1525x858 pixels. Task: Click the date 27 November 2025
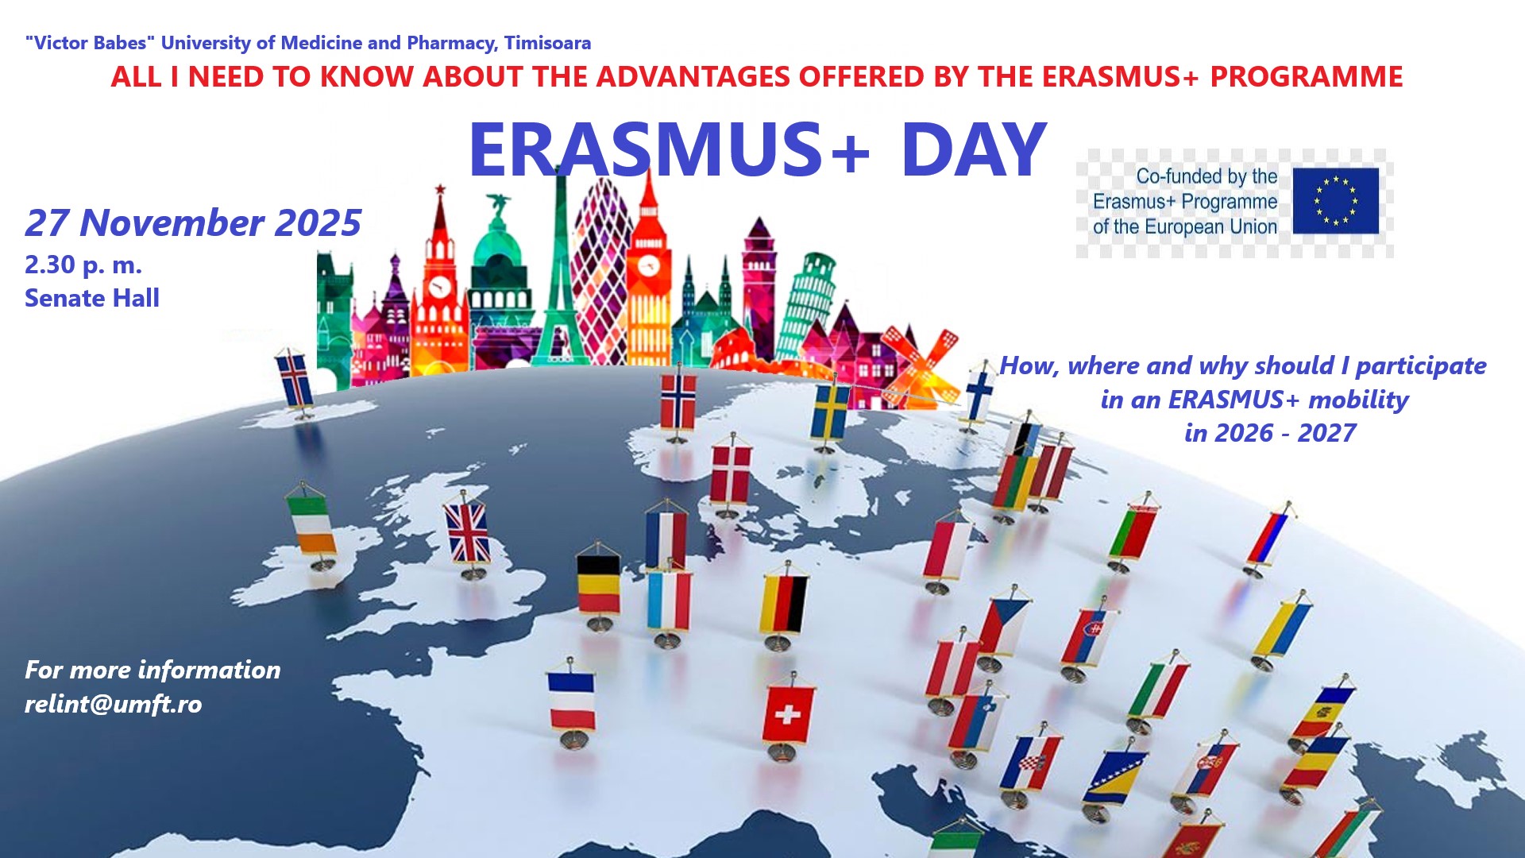193,223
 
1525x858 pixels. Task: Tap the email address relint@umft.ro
114,705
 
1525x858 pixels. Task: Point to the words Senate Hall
92,298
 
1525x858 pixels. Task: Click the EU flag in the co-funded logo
1336,201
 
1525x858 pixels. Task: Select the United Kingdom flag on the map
469,531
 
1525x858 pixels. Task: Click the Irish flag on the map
311,524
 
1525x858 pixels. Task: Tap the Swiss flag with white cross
788,713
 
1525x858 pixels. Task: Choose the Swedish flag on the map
830,412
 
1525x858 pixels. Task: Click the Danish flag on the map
731,474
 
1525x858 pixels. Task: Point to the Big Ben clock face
649,265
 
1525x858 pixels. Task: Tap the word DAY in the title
974,150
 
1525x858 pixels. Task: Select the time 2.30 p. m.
83,265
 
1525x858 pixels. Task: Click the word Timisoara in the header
547,43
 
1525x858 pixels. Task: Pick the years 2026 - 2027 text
1270,433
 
